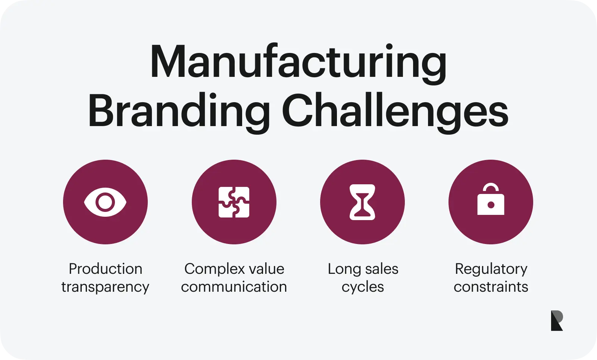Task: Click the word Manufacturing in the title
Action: tap(298, 63)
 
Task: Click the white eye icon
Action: tap(105, 202)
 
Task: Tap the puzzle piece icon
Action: tap(234, 202)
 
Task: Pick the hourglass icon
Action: tap(362, 202)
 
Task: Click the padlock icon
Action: tap(491, 199)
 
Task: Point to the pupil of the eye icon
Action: tap(105, 202)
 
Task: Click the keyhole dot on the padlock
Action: tap(491, 205)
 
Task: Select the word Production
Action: tap(106, 269)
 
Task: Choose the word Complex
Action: tap(212, 269)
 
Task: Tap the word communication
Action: tap(234, 287)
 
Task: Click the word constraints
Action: tap(491, 287)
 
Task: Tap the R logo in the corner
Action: tap(557, 320)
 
